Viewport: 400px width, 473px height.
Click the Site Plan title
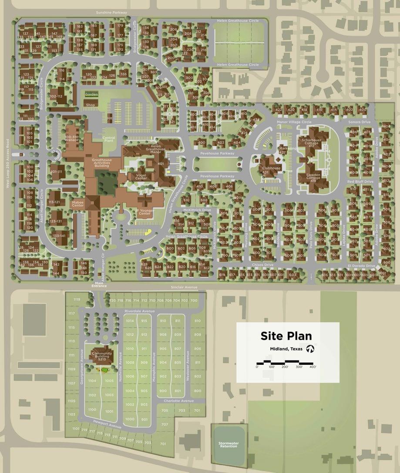coord(286,336)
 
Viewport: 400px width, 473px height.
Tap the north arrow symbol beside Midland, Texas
coord(310,349)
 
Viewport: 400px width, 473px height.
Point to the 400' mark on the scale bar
coord(312,367)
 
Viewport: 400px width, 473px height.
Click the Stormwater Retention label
coord(229,445)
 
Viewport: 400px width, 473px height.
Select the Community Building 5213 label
coord(102,356)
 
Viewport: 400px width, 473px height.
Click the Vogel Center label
coord(138,177)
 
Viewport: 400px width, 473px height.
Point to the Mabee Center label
coord(78,203)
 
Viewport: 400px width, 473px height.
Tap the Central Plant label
coord(108,139)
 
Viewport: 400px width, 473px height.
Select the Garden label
coord(91,94)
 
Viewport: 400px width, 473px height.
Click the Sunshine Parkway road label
coord(111,13)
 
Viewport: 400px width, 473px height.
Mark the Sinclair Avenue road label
coord(185,287)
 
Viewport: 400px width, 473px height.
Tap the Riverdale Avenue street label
coord(139,311)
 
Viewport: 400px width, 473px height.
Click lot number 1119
coord(77,300)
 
